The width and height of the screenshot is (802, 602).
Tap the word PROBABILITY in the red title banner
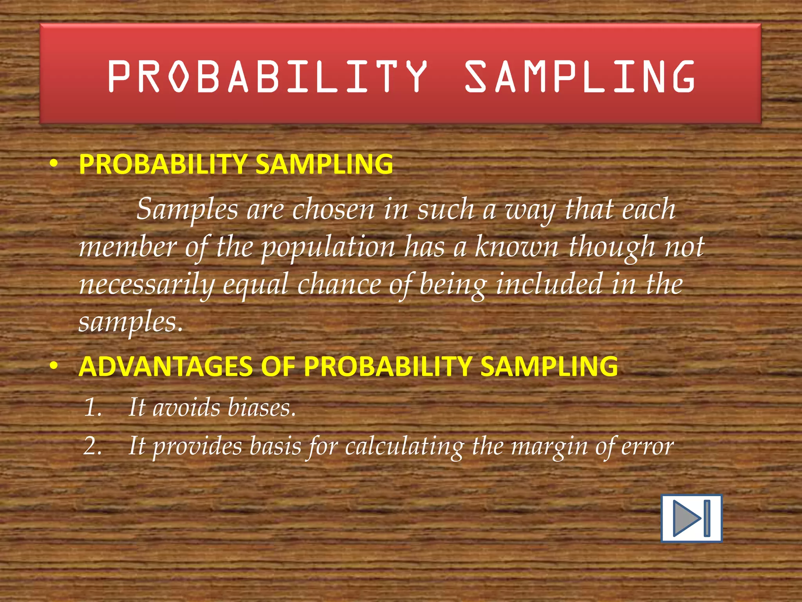pyautogui.click(x=267, y=76)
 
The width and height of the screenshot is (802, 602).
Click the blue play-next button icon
pyautogui.click(x=691, y=519)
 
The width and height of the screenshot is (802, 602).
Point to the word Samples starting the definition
pyautogui.click(x=187, y=209)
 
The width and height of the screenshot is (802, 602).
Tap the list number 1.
pyautogui.click(x=93, y=408)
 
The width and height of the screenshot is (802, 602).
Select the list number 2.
pyautogui.click(x=93, y=446)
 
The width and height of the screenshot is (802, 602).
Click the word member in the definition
pyautogui.click(x=128, y=247)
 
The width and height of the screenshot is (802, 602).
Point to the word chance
pyautogui.click(x=339, y=285)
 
